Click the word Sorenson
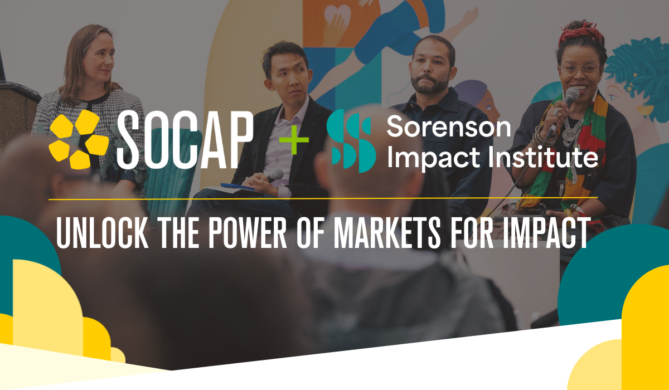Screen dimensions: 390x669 coord(448,128)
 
